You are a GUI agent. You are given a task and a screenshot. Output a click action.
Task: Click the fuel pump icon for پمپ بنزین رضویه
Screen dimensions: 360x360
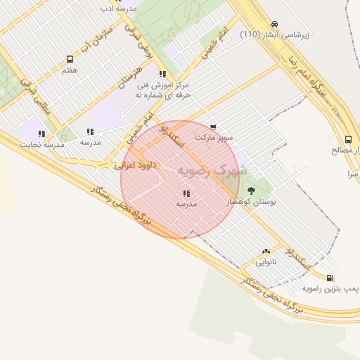tap(330, 278)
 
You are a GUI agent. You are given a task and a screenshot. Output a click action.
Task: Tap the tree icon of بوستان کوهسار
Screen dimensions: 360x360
tap(252, 190)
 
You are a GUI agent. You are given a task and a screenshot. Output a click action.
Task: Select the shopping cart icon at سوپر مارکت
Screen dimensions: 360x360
tap(212, 127)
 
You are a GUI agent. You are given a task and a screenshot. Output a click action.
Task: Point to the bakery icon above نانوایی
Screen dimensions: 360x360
tap(265, 251)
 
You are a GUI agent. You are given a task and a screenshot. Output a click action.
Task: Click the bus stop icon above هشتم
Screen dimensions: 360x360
tap(70, 59)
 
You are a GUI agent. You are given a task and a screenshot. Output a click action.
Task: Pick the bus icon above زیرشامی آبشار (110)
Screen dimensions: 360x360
tap(274, 23)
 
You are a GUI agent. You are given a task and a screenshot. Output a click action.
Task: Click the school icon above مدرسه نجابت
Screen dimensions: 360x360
tap(41, 133)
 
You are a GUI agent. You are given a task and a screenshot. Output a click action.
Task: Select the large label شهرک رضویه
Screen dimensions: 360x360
tap(212, 171)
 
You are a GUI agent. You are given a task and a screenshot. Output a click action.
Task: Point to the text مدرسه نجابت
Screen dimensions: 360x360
tap(44, 144)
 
